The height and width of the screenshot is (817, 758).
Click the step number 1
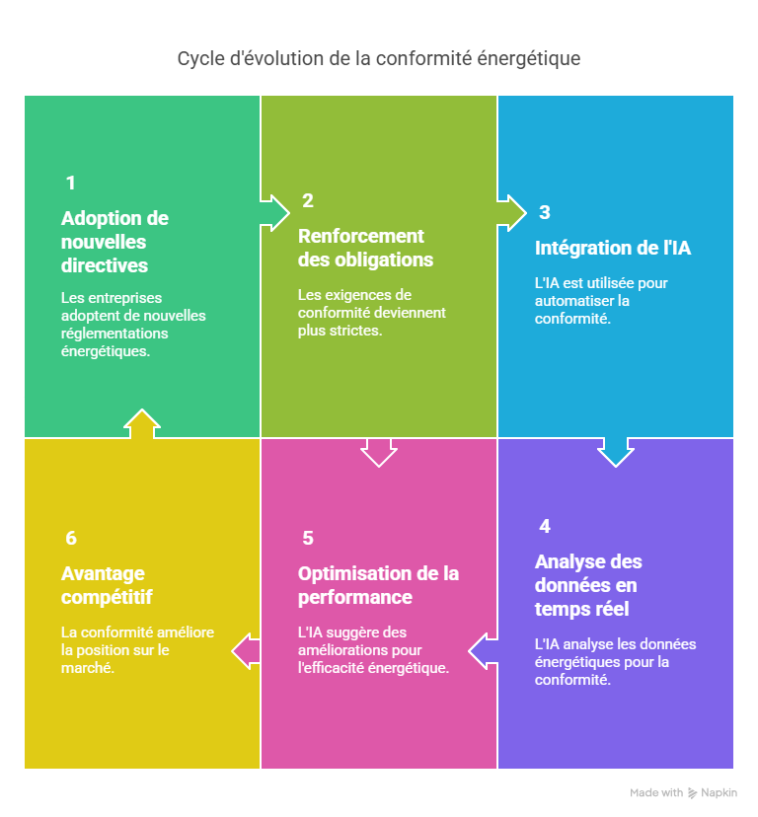click(71, 183)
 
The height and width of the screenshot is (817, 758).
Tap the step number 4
click(545, 526)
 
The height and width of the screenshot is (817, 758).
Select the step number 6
click(71, 538)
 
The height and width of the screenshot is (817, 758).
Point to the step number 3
click(545, 212)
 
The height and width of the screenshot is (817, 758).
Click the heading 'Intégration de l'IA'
click(613, 248)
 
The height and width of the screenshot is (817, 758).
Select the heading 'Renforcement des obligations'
click(365, 248)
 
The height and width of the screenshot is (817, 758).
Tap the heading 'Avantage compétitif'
click(107, 585)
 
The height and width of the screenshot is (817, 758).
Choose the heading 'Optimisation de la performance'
click(378, 585)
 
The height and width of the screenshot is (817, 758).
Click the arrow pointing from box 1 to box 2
click(274, 212)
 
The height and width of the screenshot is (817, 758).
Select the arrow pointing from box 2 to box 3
click(512, 212)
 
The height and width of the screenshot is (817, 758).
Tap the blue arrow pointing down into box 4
click(616, 452)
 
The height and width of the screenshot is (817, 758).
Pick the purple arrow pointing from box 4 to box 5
click(484, 651)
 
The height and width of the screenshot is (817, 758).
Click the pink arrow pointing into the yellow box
click(246, 651)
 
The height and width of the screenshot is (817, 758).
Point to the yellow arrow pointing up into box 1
click(142, 423)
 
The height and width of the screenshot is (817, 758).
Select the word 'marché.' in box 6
click(88, 668)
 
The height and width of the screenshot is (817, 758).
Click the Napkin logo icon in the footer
click(692, 793)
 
